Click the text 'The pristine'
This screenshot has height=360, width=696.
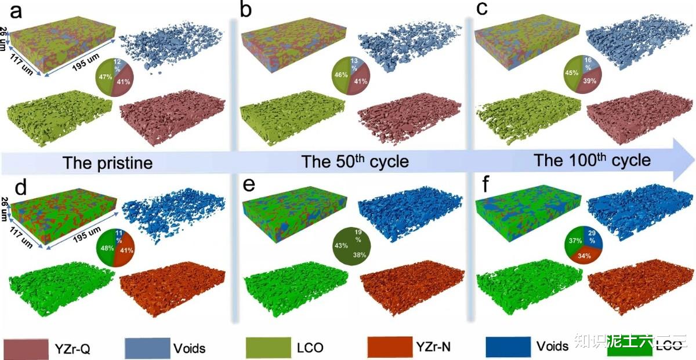[x=107, y=163]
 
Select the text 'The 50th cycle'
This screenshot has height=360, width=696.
[x=355, y=162]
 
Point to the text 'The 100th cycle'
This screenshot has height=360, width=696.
[x=592, y=160]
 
